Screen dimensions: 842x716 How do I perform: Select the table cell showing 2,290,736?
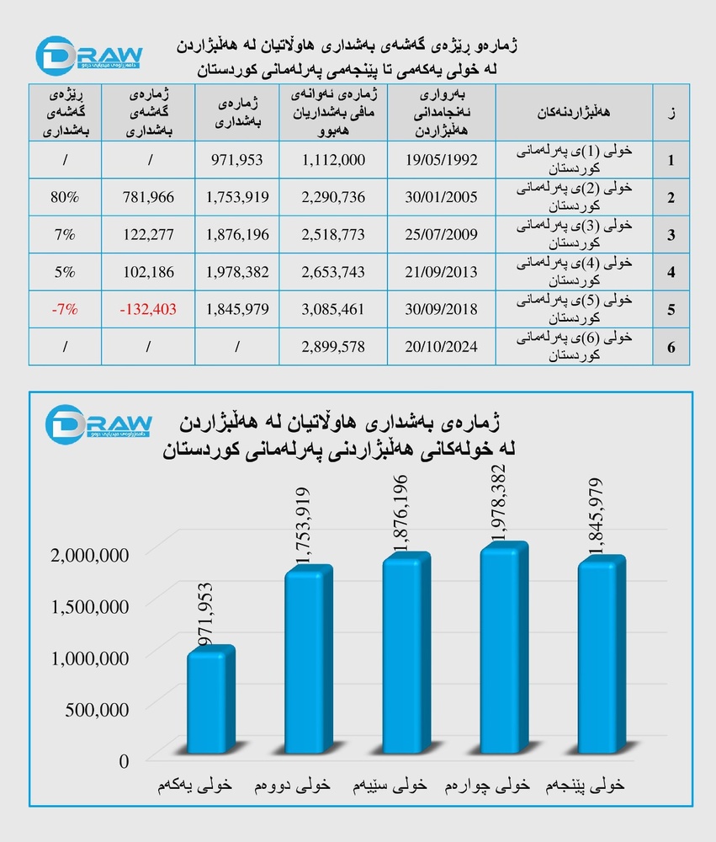(x=334, y=197)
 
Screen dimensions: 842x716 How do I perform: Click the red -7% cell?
(x=64, y=309)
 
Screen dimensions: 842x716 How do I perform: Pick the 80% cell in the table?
(x=64, y=197)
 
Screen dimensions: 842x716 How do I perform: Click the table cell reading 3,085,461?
(x=334, y=309)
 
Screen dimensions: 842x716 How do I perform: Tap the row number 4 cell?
(x=671, y=272)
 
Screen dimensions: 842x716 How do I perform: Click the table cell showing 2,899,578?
(x=334, y=346)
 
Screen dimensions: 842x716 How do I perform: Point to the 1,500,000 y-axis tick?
(x=90, y=606)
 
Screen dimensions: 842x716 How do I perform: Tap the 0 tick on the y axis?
(x=125, y=761)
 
